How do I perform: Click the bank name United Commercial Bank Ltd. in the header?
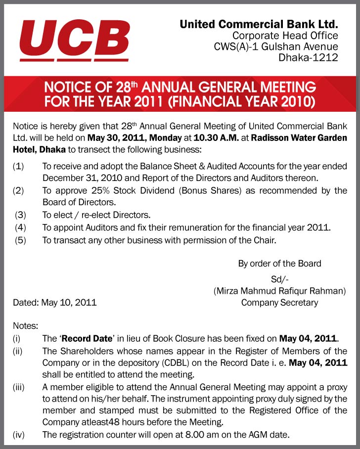[259, 24]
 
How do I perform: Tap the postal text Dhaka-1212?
[308, 58]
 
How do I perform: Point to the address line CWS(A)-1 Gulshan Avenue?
[276, 46]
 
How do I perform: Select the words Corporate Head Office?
[285, 35]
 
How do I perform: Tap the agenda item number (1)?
[18, 166]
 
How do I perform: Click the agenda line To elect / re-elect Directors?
[96, 215]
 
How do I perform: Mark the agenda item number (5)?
[20, 240]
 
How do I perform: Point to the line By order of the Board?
[279, 264]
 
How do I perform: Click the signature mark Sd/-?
[279, 279]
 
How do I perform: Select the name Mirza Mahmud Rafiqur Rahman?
[279, 291]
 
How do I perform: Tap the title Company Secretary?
[279, 302]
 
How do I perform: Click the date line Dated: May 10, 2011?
[54, 302]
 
